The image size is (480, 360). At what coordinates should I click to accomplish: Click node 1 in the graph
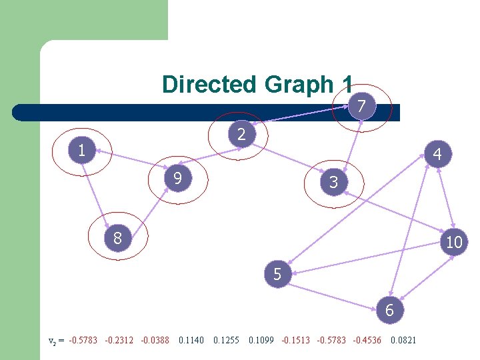click(x=82, y=151)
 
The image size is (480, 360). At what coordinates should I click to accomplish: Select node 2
click(x=242, y=135)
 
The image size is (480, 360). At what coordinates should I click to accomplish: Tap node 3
click(x=334, y=182)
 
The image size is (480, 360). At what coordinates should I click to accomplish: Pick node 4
click(x=437, y=155)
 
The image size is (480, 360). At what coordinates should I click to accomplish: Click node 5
click(x=277, y=274)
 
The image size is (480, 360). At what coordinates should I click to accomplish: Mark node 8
click(x=117, y=238)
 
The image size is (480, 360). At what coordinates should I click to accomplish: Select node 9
click(x=177, y=179)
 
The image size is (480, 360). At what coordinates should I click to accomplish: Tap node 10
click(x=454, y=243)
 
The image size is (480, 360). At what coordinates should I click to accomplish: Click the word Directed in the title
click(x=209, y=85)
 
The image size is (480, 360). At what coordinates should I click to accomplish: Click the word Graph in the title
click(x=297, y=85)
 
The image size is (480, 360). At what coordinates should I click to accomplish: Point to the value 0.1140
click(x=191, y=341)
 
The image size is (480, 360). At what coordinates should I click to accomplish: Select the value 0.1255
click(x=226, y=341)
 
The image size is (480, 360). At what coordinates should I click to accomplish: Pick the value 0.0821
click(x=403, y=341)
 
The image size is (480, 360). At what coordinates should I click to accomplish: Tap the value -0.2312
click(x=119, y=341)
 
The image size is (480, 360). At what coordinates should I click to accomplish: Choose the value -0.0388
click(x=155, y=341)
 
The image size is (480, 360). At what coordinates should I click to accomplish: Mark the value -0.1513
click(x=296, y=341)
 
